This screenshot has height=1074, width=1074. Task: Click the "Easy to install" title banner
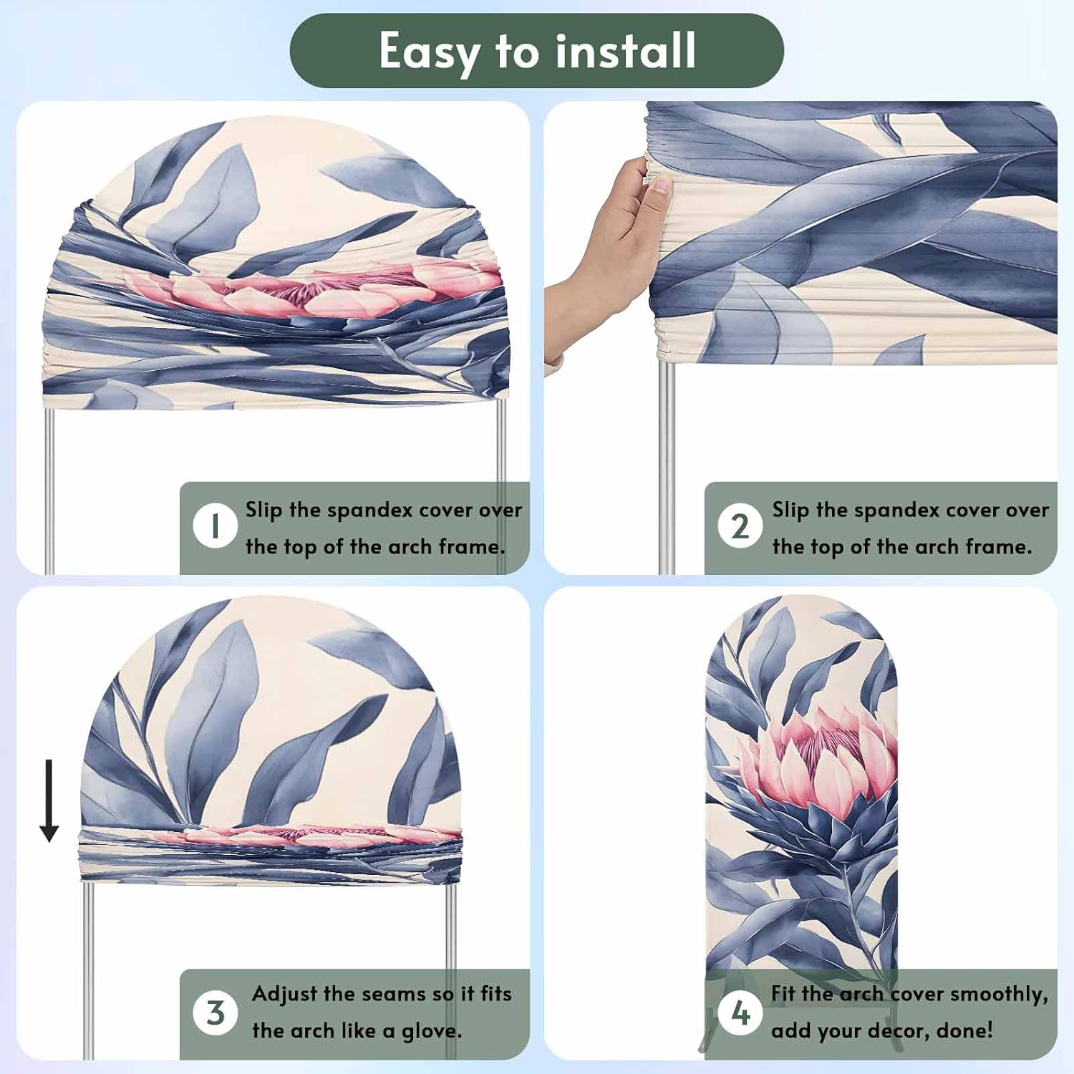(536, 51)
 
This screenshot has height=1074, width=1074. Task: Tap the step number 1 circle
(215, 526)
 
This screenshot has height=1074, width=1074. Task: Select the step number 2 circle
(740, 526)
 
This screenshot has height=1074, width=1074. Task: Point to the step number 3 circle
(215, 1012)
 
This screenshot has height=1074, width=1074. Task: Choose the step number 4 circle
(740, 1012)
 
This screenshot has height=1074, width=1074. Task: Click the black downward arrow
(49, 800)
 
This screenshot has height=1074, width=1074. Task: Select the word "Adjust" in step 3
(284, 995)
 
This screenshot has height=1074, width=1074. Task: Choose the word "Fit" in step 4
(783, 993)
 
